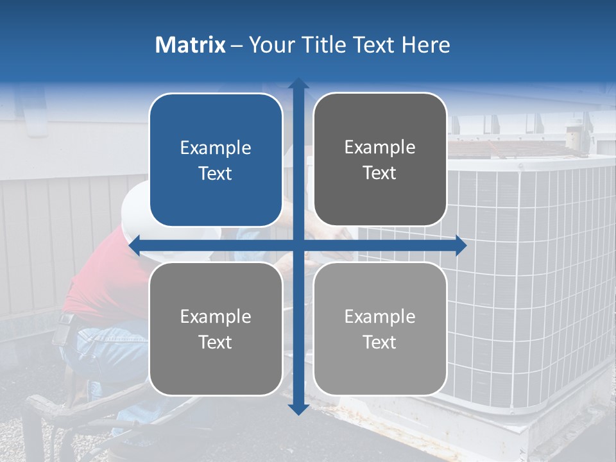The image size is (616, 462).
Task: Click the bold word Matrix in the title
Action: [x=190, y=45]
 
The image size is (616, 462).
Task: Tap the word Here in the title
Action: [x=426, y=45]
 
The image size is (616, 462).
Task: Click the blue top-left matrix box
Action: [x=216, y=160]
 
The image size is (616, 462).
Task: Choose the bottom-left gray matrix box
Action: [x=216, y=329]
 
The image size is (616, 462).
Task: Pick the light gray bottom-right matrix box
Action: [x=380, y=329]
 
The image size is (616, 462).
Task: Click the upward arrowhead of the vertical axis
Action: [x=298, y=83]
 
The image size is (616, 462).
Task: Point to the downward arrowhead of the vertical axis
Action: [x=298, y=409]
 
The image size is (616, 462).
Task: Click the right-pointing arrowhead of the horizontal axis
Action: [x=461, y=245]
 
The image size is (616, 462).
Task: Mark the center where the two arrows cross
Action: [x=298, y=245]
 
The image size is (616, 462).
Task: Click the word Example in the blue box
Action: [x=216, y=148]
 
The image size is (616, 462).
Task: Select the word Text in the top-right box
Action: [x=380, y=173]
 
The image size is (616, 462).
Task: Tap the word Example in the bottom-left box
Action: [x=216, y=317]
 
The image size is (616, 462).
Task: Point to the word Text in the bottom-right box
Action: [x=380, y=343]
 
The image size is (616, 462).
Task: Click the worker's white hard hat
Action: [x=135, y=205]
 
